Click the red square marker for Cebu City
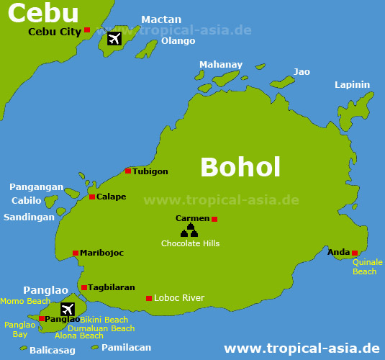tap(87, 30)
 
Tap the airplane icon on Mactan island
tap(114, 38)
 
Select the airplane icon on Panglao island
tap(68, 309)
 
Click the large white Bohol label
tap(240, 166)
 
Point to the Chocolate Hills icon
tap(190, 230)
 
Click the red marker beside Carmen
tap(214, 219)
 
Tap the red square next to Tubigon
tap(128, 171)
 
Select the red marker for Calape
tap(92, 197)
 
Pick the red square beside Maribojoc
tap(76, 253)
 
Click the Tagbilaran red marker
tap(84, 287)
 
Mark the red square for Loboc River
tap(149, 298)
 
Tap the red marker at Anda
tap(355, 253)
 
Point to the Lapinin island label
tap(352, 85)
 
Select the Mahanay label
tap(221, 65)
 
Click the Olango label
tap(178, 41)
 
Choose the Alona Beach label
tap(79, 336)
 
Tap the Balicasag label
tap(52, 351)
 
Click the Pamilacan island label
tap(126, 347)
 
